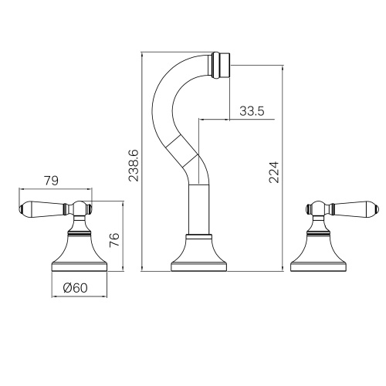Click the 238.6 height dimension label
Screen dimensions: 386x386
(134, 165)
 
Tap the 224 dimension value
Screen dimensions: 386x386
(274, 172)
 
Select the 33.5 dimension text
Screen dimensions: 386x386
(252, 111)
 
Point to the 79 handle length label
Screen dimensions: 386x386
(52, 181)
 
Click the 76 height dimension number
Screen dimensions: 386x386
(114, 239)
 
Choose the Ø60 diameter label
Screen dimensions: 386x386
(75, 288)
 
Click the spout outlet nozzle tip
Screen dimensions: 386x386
(221, 65)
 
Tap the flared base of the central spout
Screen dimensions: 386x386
(199, 256)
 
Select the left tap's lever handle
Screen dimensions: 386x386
(42, 208)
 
